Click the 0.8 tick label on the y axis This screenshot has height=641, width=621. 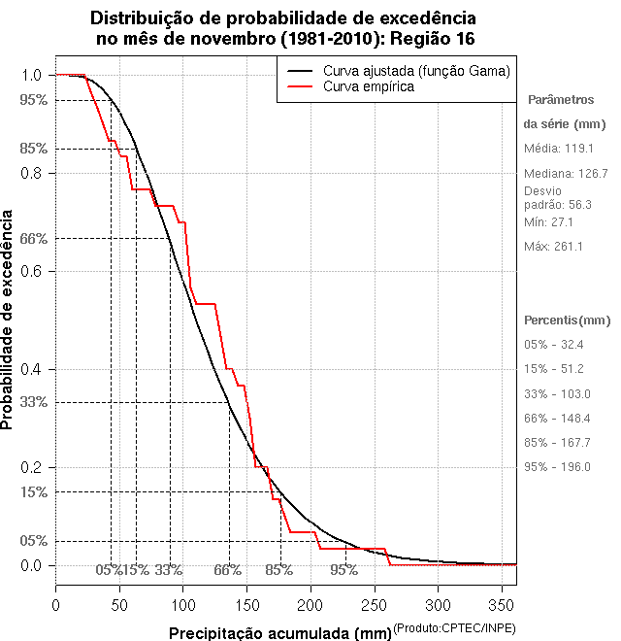point(30,173)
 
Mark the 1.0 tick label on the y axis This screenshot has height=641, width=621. point(30,75)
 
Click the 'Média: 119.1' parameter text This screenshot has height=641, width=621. point(558,149)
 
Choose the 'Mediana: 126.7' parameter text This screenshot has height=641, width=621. point(566,174)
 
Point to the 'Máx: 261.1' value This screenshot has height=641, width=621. point(553,247)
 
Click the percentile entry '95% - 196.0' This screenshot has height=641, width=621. point(557,467)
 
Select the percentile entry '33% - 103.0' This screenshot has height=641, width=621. point(557,393)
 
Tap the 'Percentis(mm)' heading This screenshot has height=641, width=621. point(568,320)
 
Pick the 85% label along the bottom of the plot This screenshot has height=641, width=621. point(279,570)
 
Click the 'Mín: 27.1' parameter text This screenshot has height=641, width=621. point(549,221)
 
